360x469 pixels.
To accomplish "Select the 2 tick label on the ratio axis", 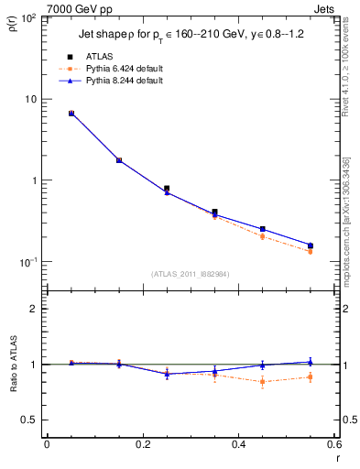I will tap(32, 309).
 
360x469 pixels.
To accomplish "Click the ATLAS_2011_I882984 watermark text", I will tap(190, 273).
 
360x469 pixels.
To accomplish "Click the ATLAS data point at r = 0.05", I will tap(71, 114).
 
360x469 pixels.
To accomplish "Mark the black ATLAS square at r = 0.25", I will tap(167, 189).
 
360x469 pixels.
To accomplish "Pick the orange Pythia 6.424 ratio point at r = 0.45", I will tap(262, 381).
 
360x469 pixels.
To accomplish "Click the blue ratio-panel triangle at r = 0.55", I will tap(311, 362).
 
